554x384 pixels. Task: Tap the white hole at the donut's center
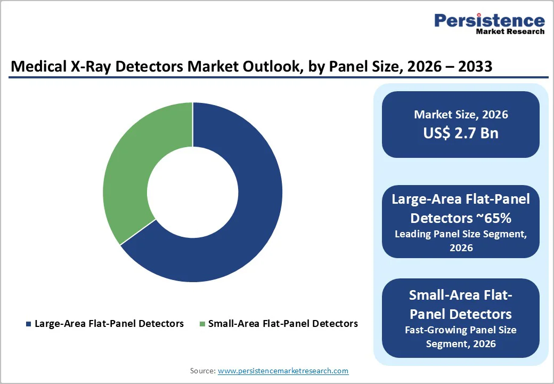click(x=192, y=192)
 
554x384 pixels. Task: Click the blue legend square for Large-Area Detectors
click(x=28, y=324)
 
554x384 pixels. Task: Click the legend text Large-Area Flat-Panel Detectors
click(x=109, y=324)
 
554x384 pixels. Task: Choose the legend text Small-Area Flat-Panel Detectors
click(x=283, y=324)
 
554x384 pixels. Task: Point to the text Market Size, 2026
click(x=461, y=114)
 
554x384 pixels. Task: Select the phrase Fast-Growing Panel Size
click(x=461, y=330)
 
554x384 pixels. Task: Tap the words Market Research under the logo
click(x=510, y=31)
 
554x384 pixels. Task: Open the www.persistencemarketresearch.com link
click(x=283, y=371)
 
